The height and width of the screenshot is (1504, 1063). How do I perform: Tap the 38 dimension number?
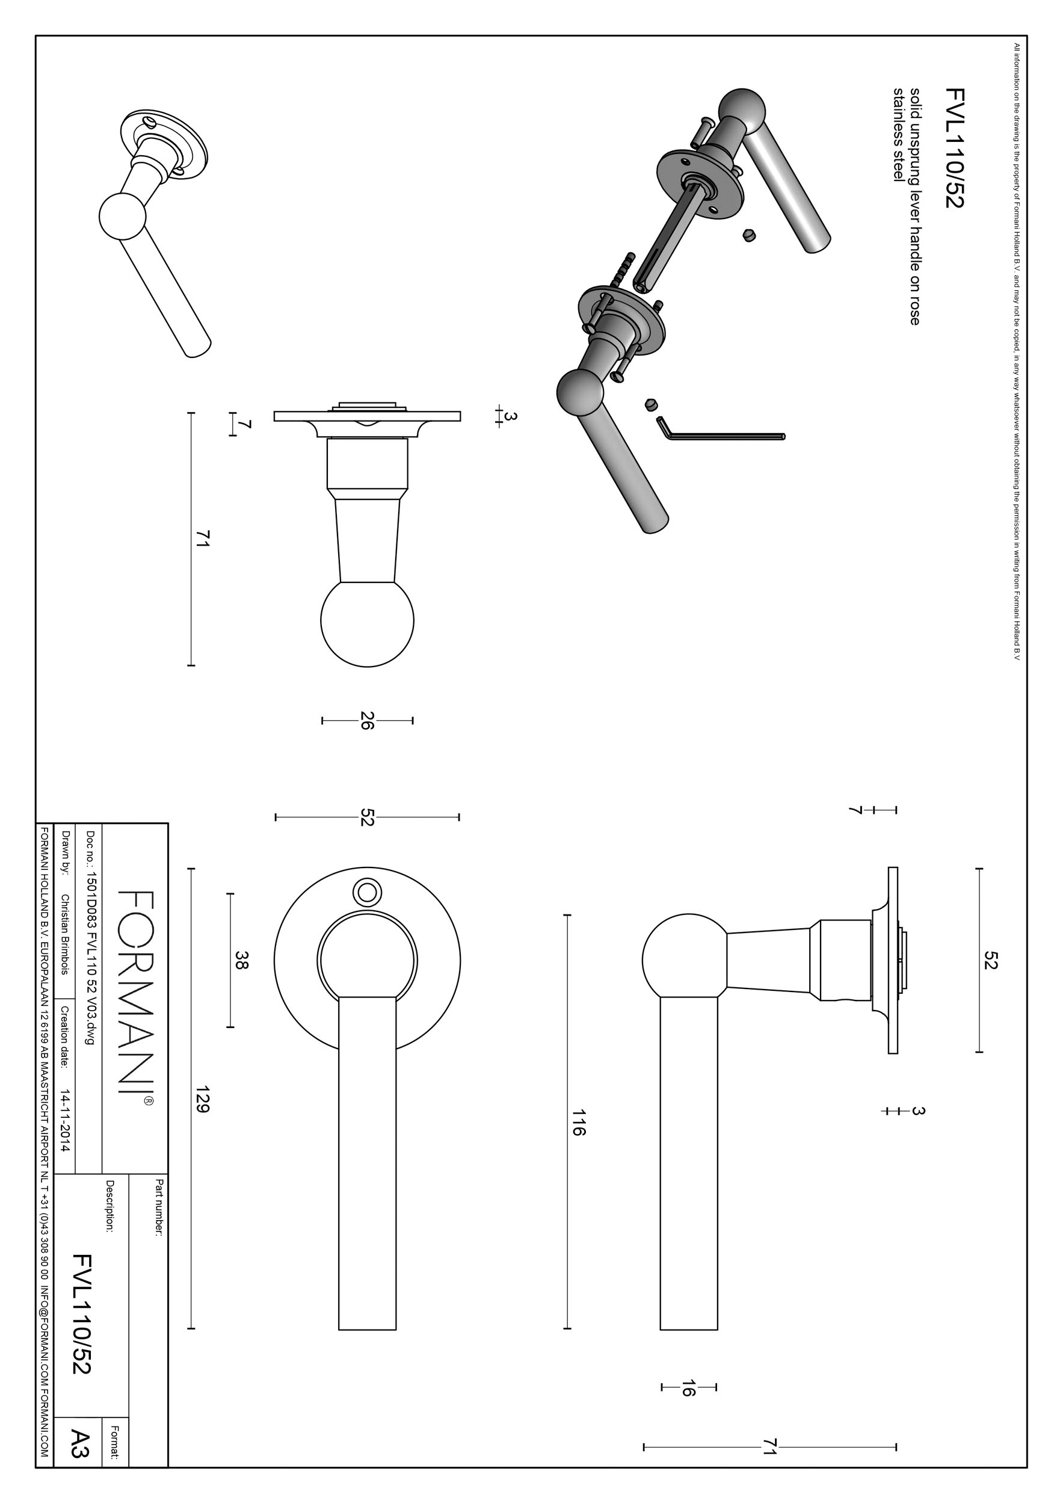[241, 961]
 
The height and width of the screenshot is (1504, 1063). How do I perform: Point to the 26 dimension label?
[367, 721]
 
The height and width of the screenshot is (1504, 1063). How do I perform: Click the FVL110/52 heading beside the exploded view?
[954, 148]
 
